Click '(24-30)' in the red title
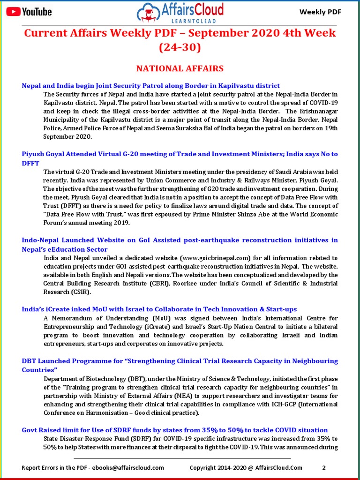click(x=180, y=47)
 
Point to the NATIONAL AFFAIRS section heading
click(x=180, y=68)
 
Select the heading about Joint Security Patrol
click(x=151, y=86)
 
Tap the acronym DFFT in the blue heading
click(x=31, y=163)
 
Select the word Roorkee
click(x=189, y=283)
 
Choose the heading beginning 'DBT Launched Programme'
click(x=180, y=361)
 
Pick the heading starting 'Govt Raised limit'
click(x=175, y=430)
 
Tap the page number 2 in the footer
click(x=324, y=467)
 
